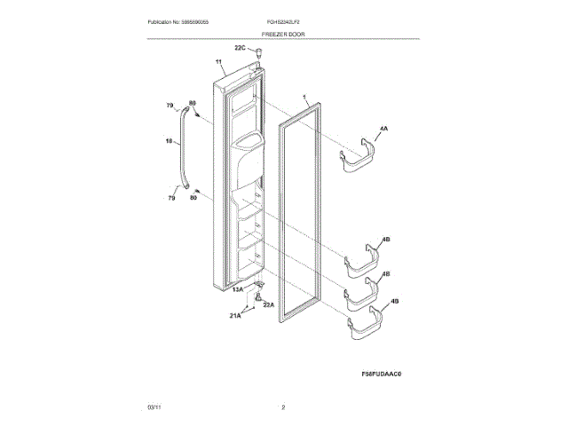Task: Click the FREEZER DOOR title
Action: tap(282, 33)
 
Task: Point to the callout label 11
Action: tap(219, 62)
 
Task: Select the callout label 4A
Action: tap(383, 130)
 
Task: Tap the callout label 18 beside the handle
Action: tap(168, 140)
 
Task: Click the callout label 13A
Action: tap(237, 290)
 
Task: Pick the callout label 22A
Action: tap(268, 304)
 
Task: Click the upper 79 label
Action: tap(170, 106)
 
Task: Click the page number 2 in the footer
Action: tap(283, 406)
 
